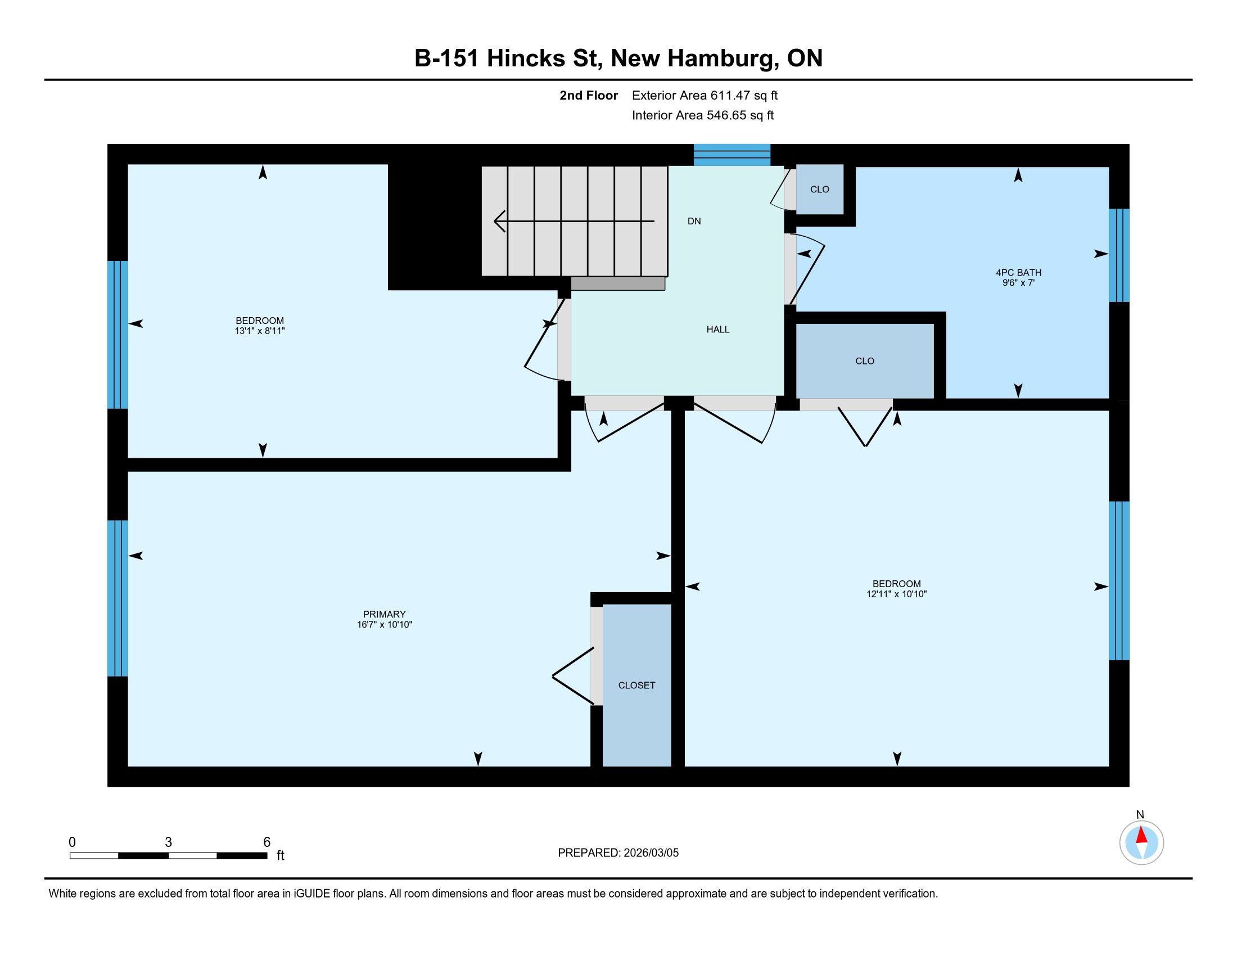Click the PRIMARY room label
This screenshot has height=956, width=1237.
[x=384, y=614]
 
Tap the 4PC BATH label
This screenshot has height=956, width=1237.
[x=1018, y=272]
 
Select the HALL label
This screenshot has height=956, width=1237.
[x=717, y=329]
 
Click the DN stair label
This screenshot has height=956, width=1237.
[x=694, y=221]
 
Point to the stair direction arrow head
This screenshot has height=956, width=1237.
[x=499, y=221]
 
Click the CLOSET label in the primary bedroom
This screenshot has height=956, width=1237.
[x=636, y=686]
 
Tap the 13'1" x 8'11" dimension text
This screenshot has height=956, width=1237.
[x=259, y=331]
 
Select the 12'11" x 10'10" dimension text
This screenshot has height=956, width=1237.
[x=897, y=594]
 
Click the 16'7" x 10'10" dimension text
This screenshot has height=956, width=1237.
[x=384, y=625]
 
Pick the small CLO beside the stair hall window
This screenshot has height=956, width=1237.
[x=820, y=189]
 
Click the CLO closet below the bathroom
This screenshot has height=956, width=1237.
[x=865, y=361]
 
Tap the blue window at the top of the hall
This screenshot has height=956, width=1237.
[x=732, y=155]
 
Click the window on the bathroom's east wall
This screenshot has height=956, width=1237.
[x=1118, y=255]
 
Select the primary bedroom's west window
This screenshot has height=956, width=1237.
[x=118, y=598]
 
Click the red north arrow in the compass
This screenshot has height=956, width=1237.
[x=1141, y=835]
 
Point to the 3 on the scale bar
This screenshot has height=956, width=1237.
[x=168, y=842]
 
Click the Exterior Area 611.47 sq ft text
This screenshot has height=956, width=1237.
[x=705, y=95]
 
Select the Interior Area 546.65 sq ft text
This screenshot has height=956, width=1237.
[x=702, y=115]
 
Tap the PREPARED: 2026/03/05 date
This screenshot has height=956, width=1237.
[x=618, y=853]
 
